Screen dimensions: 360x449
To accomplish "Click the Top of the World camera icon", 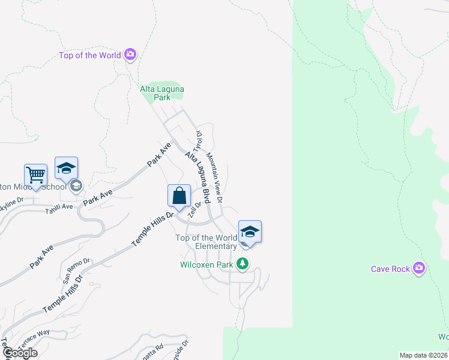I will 130,56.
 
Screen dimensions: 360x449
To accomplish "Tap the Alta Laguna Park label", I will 162,92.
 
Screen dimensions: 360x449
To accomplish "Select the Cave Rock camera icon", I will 419,268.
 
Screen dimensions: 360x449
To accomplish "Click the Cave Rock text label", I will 391,269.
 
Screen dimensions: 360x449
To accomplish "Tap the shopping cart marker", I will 36,176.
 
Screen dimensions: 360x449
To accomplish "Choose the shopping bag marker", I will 179,196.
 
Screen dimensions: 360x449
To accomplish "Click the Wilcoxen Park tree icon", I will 243,263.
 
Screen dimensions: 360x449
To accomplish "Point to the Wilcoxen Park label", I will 207,264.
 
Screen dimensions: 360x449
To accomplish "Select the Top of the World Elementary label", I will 206,242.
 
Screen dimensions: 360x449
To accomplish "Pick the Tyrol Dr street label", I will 197,141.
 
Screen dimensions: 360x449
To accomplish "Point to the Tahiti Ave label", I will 59,206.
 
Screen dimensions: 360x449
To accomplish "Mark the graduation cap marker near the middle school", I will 66,169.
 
